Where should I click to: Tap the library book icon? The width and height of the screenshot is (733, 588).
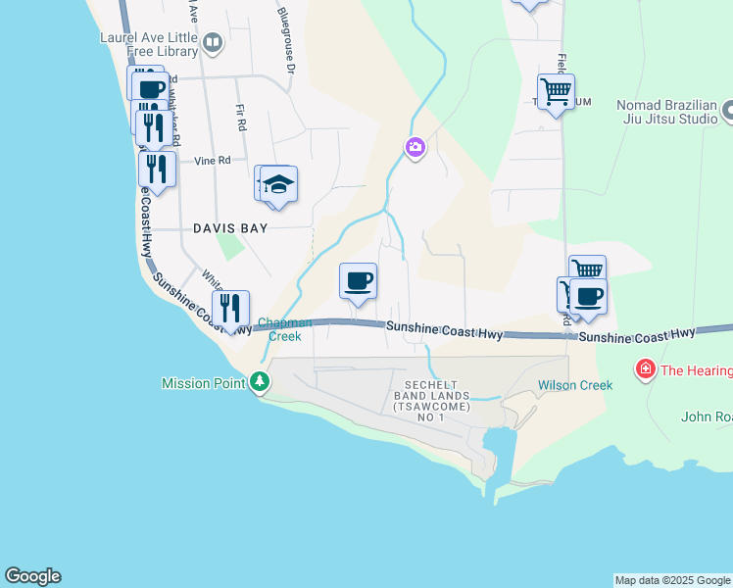coord(213,42)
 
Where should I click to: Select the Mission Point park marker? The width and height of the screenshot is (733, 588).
coord(260,381)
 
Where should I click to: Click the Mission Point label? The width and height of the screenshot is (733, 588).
coord(203,383)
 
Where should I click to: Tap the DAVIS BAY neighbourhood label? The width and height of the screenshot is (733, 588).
coord(229,227)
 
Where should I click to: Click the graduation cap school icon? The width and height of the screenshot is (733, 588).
coord(278,184)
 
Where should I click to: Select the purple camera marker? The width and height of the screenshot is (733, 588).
coord(415,148)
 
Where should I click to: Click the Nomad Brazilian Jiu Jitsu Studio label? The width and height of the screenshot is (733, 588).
coord(667,112)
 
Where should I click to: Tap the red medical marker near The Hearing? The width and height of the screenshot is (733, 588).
coord(645,369)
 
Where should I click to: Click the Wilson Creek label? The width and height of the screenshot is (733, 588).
coord(575,385)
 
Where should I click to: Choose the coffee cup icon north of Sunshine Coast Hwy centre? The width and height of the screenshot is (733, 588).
coord(359,280)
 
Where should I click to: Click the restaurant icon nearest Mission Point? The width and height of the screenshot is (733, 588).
coord(230,308)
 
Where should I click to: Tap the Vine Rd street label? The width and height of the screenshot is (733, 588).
coord(212,160)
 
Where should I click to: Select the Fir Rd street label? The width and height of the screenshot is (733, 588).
coord(240,119)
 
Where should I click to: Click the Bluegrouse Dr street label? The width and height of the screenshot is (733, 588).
coord(286,40)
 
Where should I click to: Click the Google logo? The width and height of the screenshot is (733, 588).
coord(32,576)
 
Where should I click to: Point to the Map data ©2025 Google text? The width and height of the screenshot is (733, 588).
coord(672,580)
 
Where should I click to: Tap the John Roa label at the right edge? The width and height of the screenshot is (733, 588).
coord(707,416)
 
